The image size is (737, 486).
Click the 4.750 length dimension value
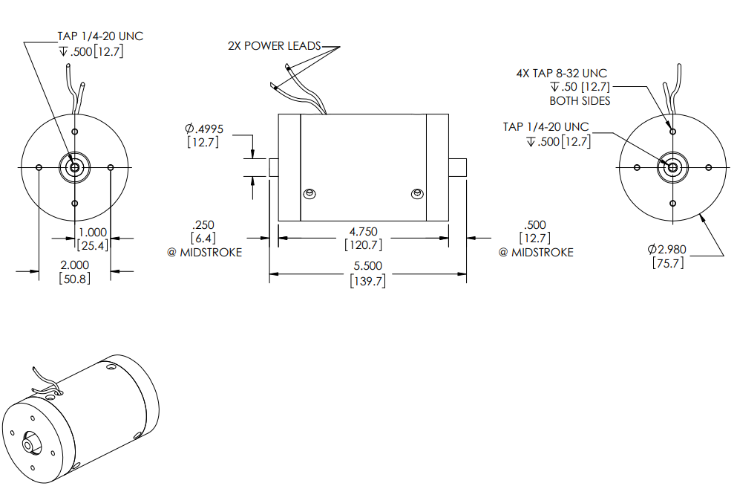pyautogui.click(x=363, y=232)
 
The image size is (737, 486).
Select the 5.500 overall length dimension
pyautogui.click(x=367, y=265)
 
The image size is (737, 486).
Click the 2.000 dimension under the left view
pyautogui.click(x=74, y=265)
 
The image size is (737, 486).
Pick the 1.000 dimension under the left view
pyautogui.click(x=92, y=232)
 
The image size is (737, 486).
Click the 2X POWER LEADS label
pyautogui.click(x=274, y=46)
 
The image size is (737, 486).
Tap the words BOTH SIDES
pyautogui.click(x=580, y=100)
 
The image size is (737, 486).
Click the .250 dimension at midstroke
pyautogui.click(x=202, y=224)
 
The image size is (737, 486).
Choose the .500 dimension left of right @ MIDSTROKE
pyautogui.click(x=534, y=224)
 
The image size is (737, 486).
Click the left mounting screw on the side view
pyautogui.click(x=309, y=194)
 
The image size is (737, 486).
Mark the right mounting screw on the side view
pyautogui.click(x=416, y=194)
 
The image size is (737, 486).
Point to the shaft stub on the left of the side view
pyautogui.click(x=272, y=166)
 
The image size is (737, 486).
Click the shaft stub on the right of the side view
pyautogui.click(x=457, y=166)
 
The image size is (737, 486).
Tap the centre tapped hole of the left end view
pyautogui.click(x=74, y=166)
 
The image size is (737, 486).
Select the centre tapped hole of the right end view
pyautogui.click(x=672, y=166)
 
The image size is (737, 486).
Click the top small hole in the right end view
pyautogui.click(x=672, y=132)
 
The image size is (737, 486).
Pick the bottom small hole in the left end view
pyautogui.click(x=74, y=202)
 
